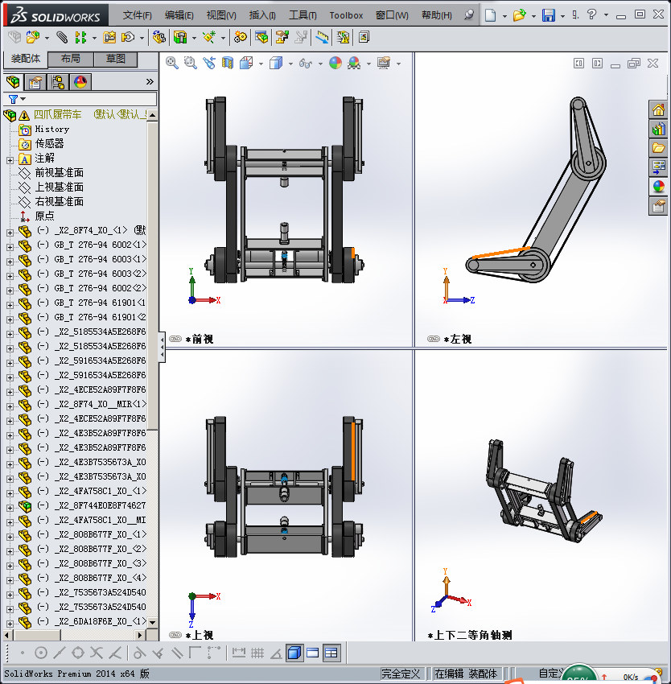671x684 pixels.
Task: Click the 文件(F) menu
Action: [138, 15]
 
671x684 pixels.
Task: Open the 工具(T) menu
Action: [303, 15]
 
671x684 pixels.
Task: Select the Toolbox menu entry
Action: [346, 15]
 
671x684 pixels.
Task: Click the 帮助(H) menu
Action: [436, 15]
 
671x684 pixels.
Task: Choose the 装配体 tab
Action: [26, 59]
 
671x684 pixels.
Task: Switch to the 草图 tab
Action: [116, 59]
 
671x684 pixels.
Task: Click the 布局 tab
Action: [71, 59]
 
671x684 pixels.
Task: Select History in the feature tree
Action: [51, 129]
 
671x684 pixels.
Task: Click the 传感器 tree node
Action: [49, 143]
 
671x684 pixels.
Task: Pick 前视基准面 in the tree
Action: [59, 172]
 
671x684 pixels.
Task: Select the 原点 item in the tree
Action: [44, 216]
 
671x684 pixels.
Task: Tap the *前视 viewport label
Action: [199, 340]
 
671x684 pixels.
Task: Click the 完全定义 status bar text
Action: [401, 674]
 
